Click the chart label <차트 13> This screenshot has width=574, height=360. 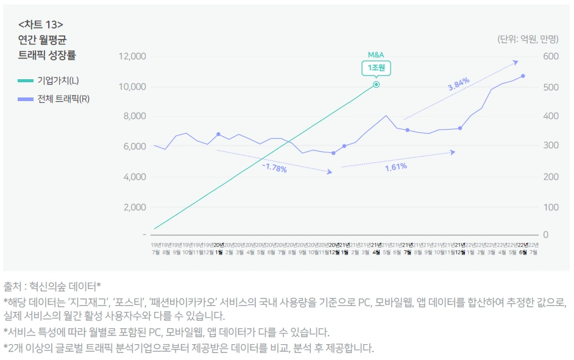point(41,25)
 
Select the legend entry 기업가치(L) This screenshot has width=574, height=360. point(58,80)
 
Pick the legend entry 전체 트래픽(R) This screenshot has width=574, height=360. point(63,99)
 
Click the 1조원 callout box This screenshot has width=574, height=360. point(376,68)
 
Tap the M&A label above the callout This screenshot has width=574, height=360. point(376,55)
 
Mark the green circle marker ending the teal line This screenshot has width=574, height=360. point(376,84)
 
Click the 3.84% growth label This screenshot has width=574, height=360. point(459,84)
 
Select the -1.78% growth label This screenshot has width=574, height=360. point(274,168)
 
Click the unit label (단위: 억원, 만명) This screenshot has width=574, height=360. point(528,40)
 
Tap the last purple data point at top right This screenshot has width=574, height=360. point(523,76)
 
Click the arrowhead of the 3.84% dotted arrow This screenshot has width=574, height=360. point(516,62)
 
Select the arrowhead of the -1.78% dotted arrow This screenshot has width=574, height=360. point(330,172)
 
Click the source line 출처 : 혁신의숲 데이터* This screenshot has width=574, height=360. point(52,286)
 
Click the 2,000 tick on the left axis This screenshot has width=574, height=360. point(134,207)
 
